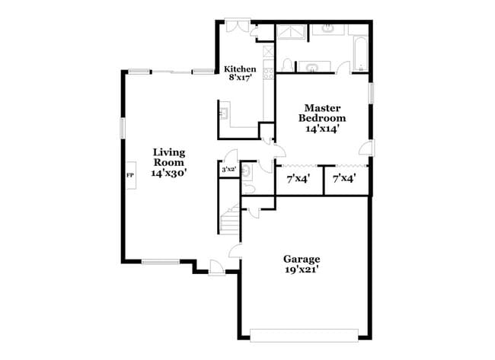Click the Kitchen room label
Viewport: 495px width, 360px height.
click(x=240, y=69)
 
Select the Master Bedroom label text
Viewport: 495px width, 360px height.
click(x=322, y=113)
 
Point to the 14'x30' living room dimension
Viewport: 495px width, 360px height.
click(x=169, y=173)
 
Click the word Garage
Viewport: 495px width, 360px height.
click(x=302, y=260)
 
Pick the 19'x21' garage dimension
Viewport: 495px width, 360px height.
click(x=301, y=269)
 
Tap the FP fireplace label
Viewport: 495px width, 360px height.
click(x=130, y=175)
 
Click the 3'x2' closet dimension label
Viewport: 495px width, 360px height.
click(x=229, y=170)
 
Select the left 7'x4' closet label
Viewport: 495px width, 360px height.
click(x=299, y=179)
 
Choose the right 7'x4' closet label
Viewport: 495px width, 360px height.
click(x=345, y=179)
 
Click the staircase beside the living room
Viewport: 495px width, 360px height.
click(x=229, y=219)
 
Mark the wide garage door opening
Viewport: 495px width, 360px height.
click(x=304, y=336)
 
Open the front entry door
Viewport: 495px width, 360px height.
click(x=216, y=268)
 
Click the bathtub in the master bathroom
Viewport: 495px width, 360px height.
click(x=361, y=53)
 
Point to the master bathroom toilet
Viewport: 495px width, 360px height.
click(x=287, y=65)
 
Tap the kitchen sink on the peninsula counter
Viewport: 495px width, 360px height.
click(x=225, y=113)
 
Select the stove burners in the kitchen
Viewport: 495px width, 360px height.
click(x=269, y=74)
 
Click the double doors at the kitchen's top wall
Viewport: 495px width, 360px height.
click(x=238, y=25)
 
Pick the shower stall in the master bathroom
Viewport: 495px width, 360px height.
click(x=291, y=33)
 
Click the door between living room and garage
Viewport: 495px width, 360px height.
click(x=235, y=251)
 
